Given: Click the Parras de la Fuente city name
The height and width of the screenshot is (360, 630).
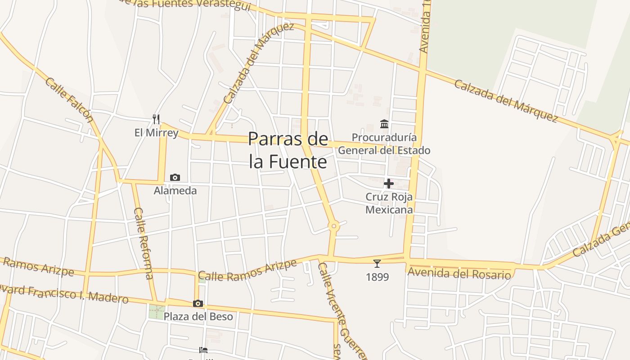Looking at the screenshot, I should (288, 150).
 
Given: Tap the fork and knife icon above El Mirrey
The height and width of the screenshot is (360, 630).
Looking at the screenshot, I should (156, 119).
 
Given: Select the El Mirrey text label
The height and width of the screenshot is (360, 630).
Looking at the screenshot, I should (156, 133).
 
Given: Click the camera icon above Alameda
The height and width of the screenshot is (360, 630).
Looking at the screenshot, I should (175, 178).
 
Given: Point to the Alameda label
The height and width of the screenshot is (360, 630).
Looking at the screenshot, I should (175, 190).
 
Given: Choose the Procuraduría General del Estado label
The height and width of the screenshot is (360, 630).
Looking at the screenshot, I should (384, 144).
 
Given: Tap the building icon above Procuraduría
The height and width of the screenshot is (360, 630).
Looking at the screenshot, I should (384, 124).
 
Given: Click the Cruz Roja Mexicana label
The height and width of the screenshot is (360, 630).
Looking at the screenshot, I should (389, 203).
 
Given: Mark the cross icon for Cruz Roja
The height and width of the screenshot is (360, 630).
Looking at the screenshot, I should (389, 184).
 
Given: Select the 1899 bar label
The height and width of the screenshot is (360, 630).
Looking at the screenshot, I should (377, 277).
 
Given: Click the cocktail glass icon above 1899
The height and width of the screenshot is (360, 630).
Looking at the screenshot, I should (377, 264).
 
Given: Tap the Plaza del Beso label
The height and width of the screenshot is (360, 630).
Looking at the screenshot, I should (198, 316).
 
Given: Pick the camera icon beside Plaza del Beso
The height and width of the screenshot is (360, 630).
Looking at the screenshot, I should (198, 304).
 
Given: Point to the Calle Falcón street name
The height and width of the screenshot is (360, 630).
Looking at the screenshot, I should (69, 100).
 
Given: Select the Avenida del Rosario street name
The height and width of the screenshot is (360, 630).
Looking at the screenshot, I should (459, 273).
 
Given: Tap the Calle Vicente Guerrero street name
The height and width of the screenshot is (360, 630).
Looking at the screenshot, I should (341, 310).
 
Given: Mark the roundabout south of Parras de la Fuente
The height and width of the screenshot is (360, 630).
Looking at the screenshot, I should (333, 226).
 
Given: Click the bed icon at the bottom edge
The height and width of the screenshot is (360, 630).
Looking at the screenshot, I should (203, 350).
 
